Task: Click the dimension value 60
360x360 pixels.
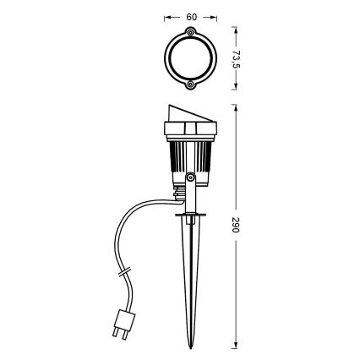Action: pyautogui.click(x=191, y=16)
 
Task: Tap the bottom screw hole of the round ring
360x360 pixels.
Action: pyautogui.click(x=191, y=85)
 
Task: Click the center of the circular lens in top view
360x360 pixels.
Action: pyautogui.click(x=191, y=59)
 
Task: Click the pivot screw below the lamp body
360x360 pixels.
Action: pyautogui.click(x=191, y=178)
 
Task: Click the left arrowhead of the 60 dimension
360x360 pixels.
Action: pyautogui.click(x=166, y=16)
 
